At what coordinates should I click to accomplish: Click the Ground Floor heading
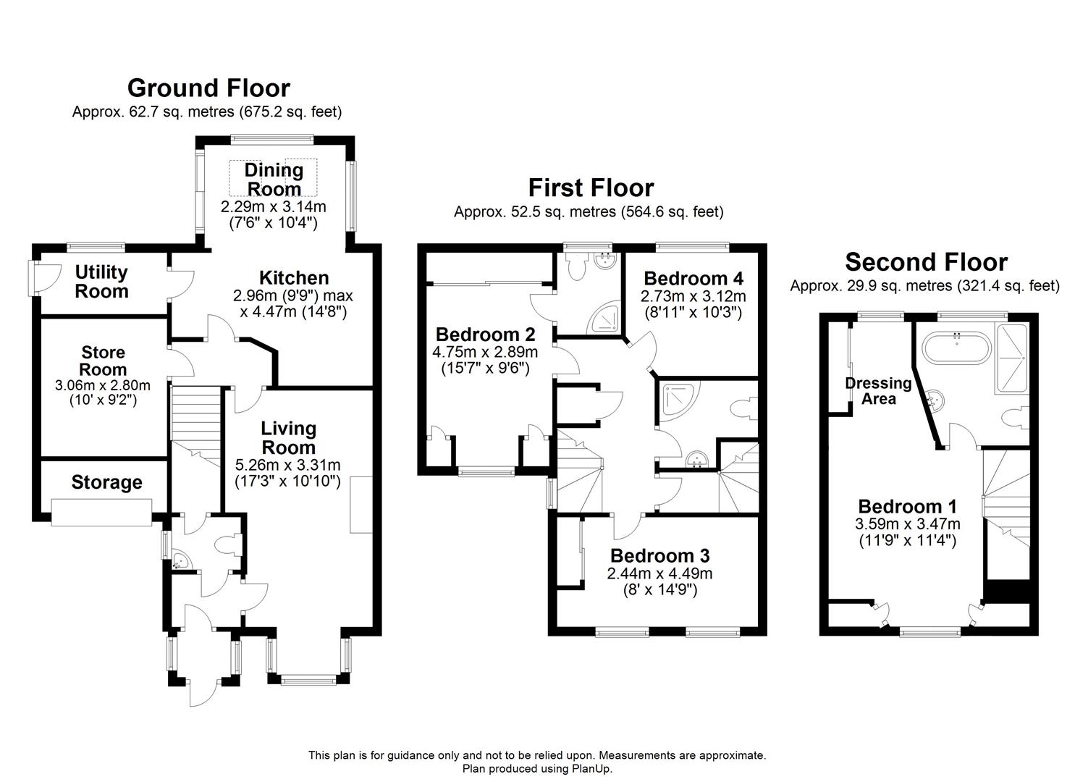click(208, 88)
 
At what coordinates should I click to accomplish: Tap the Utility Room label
click(102, 282)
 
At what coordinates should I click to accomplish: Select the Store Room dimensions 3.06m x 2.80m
click(103, 385)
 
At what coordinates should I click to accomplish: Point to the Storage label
click(106, 482)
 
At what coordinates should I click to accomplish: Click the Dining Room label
click(274, 180)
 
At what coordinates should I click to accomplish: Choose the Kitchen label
click(294, 278)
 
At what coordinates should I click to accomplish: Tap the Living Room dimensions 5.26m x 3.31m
click(287, 465)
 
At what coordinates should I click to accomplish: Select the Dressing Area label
click(878, 391)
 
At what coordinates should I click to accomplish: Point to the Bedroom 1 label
click(908, 506)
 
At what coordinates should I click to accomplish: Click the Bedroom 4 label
click(694, 279)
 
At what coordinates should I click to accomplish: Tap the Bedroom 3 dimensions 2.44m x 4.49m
click(660, 573)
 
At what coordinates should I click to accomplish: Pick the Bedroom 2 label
click(485, 335)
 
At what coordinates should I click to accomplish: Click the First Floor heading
click(591, 188)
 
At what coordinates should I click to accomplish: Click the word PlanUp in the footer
click(591, 768)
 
